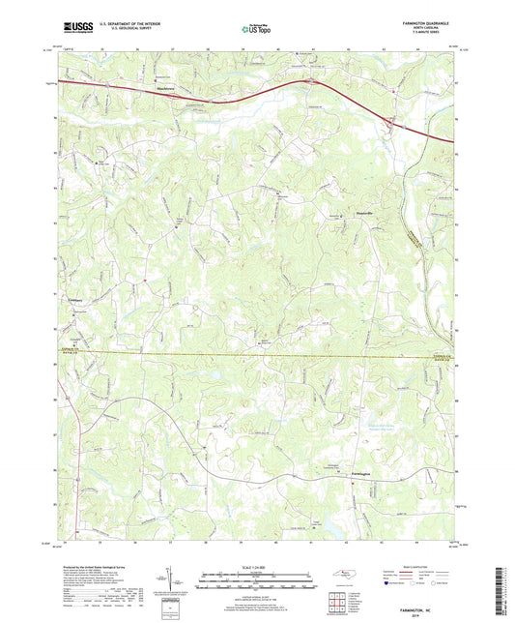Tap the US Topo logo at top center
click(x=256, y=29)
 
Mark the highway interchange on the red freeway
click(x=389, y=123)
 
